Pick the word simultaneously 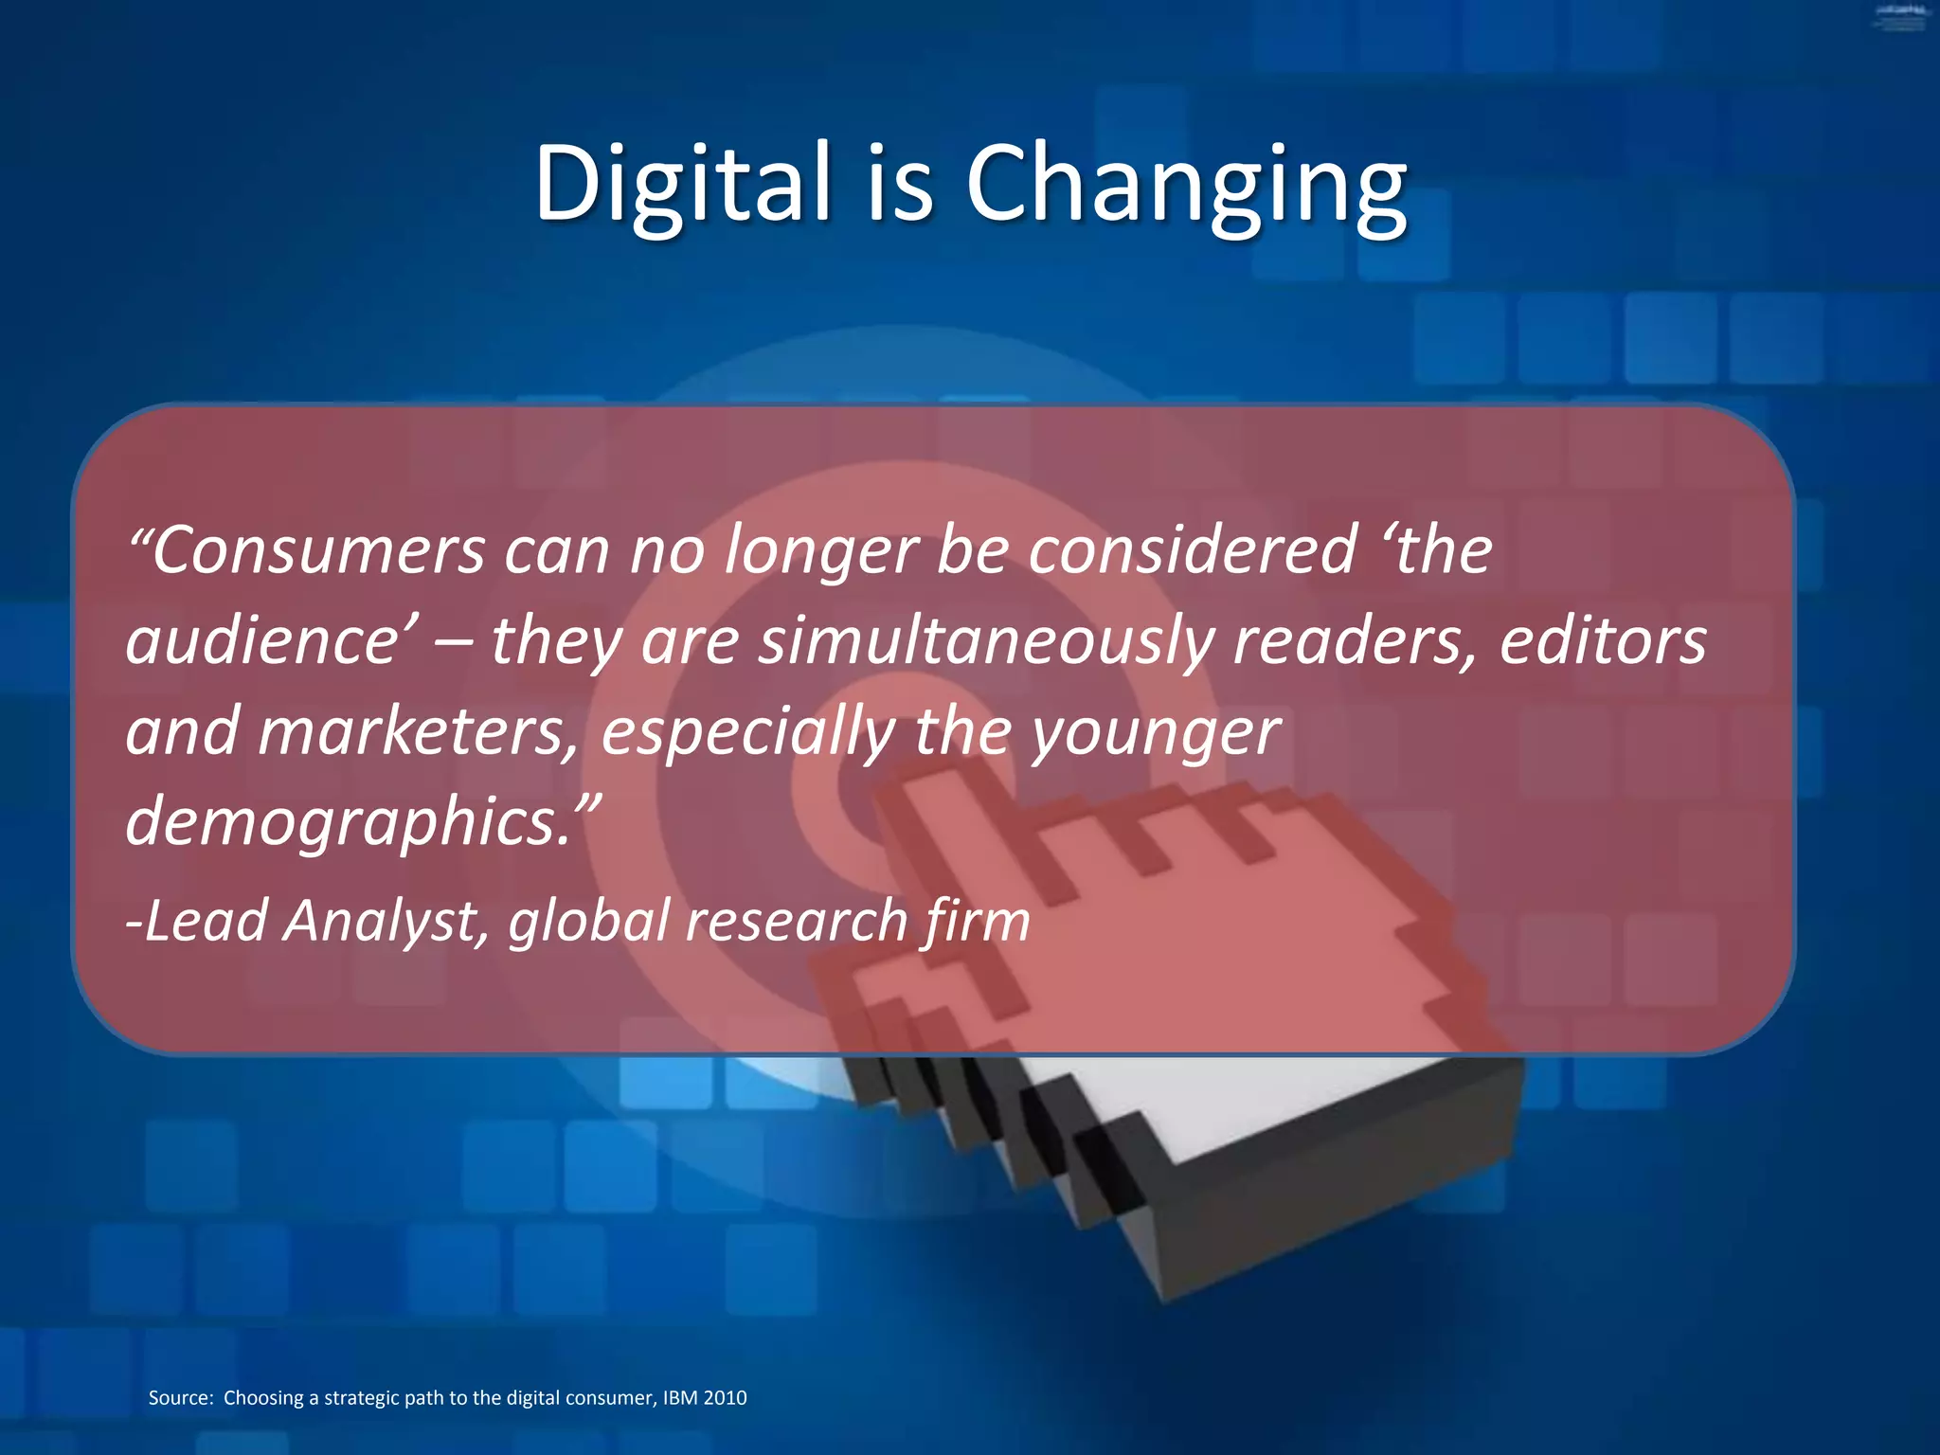[985, 640]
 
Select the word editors [1603, 640]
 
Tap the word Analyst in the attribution [386, 921]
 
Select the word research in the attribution [796, 921]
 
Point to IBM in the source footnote [680, 1397]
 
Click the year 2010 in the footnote [725, 1397]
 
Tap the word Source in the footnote [180, 1397]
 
